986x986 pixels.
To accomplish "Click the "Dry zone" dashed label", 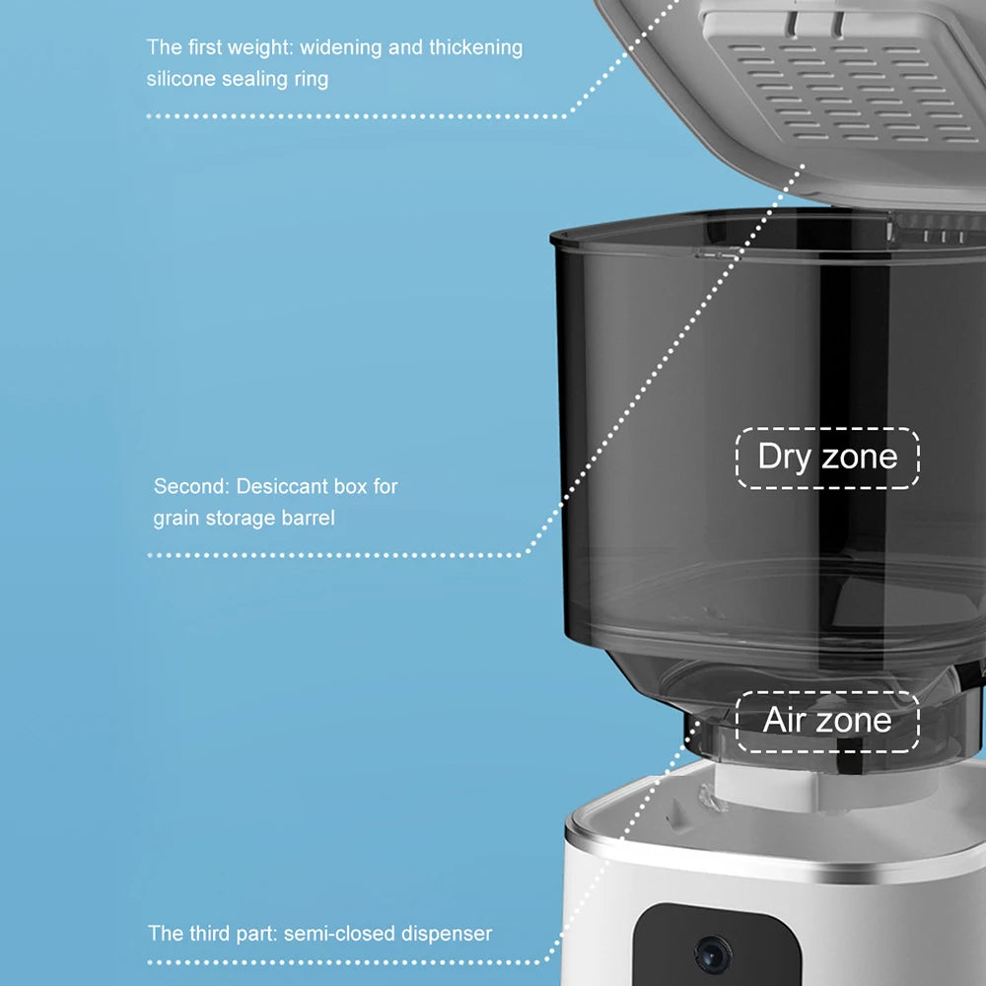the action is click(x=827, y=458).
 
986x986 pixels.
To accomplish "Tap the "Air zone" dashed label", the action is click(x=827, y=722).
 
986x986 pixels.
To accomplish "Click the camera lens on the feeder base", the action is click(x=713, y=955).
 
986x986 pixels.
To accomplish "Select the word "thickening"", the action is click(x=476, y=47).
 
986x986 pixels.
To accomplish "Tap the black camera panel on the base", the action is click(x=716, y=946).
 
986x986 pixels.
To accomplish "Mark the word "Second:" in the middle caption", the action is click(x=192, y=486).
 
